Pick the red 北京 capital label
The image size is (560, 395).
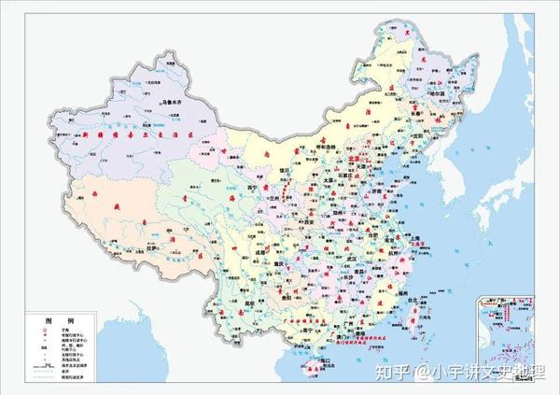tap(357, 160)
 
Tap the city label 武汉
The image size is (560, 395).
tap(351, 247)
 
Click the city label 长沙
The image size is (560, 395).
tap(341, 270)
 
